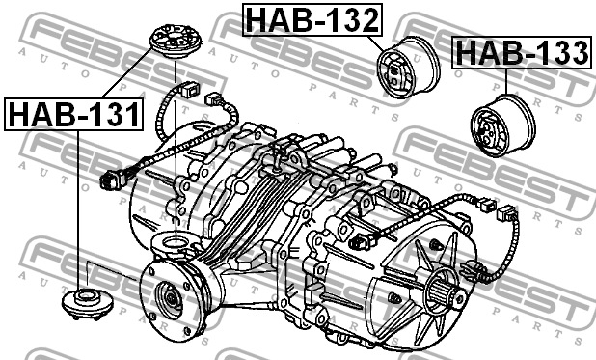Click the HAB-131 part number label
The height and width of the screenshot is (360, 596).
tap(73, 115)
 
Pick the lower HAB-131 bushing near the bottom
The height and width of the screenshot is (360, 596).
tap(88, 302)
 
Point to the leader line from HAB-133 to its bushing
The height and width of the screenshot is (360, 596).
tap(504, 82)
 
